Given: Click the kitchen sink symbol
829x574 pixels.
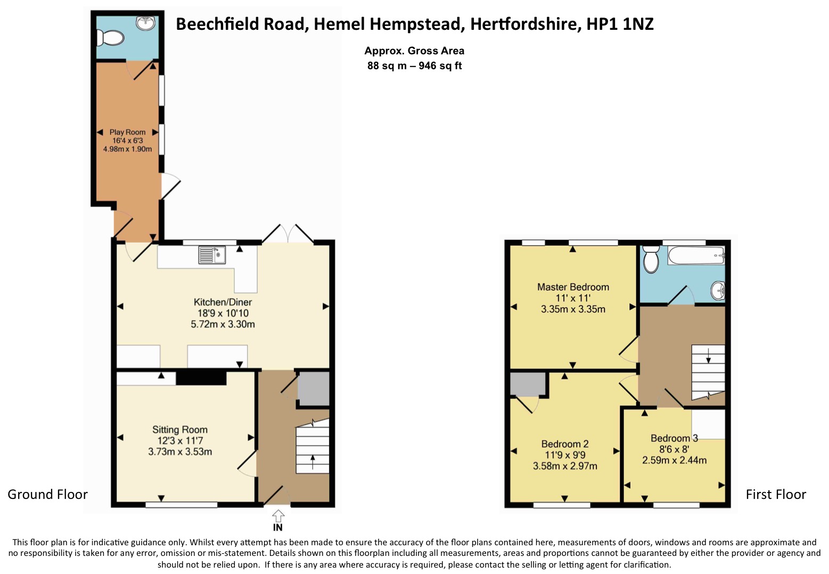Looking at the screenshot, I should (x=212, y=255).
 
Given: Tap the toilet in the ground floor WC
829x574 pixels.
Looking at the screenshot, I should (x=110, y=38).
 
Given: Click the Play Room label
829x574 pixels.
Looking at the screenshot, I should (x=127, y=132).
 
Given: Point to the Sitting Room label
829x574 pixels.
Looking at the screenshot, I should (x=180, y=430).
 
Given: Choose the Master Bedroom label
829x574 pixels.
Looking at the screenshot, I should (x=573, y=287).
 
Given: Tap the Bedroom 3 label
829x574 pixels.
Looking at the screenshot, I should (x=674, y=438).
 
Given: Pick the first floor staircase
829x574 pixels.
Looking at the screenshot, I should (x=708, y=371).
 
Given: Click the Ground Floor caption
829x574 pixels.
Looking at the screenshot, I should (x=47, y=494).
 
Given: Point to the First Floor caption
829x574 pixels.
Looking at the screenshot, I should (x=776, y=494).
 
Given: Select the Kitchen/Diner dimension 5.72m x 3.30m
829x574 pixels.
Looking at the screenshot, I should (x=223, y=324).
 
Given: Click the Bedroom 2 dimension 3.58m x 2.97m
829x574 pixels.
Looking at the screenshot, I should (x=565, y=466).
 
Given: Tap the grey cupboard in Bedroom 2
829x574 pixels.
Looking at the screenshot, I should (x=528, y=384).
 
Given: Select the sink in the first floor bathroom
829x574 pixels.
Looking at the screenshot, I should (x=718, y=290).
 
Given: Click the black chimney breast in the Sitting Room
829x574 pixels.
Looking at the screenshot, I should (x=201, y=378).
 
